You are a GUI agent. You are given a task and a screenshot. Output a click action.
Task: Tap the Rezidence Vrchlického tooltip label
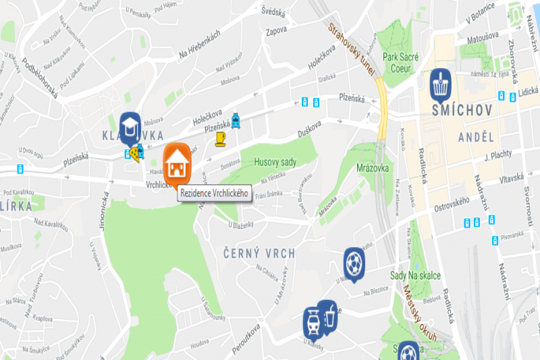coord(214,194)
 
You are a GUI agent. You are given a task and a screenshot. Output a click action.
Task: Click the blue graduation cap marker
coord(129,125)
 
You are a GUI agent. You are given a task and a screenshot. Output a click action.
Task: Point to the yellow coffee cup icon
coord(221,139)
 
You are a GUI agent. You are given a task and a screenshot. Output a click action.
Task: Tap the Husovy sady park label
coord(275,162)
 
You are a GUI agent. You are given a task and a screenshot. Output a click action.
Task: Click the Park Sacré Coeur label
coord(400,63)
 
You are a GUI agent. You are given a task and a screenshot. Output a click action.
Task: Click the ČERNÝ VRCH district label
coord(259,253)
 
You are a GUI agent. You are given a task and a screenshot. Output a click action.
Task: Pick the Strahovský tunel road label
coord(352,47)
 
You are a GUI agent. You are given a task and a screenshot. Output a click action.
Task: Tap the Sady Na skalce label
coord(415,276)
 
